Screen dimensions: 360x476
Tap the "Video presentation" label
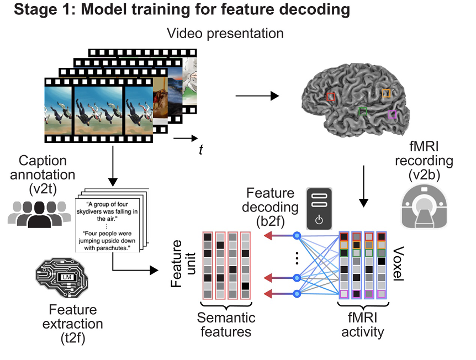point(225,33)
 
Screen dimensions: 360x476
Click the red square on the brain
point(330,97)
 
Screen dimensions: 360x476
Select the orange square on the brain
point(386,93)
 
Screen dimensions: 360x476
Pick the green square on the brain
point(362,112)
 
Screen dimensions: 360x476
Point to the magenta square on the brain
point(392,114)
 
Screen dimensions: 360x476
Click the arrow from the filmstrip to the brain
point(257,96)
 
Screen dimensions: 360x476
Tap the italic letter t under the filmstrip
point(200,150)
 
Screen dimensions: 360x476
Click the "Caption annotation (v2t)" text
point(43,174)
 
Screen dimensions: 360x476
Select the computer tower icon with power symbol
point(318,209)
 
